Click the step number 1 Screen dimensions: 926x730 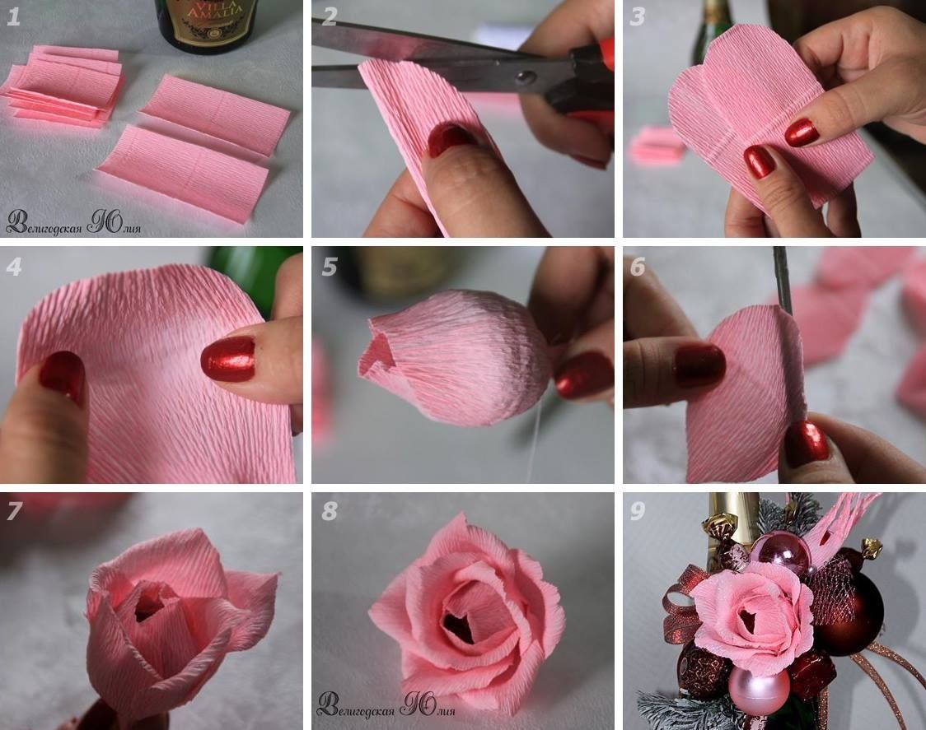[13, 16]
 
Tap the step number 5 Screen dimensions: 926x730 [329, 267]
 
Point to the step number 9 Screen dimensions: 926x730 [637, 511]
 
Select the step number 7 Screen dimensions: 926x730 [14, 511]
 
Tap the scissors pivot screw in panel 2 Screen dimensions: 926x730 [525, 77]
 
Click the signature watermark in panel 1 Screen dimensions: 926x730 [74, 222]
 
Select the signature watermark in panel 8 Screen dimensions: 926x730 [386, 704]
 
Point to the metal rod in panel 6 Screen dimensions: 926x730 [783, 282]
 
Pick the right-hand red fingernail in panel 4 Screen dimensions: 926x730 [228, 360]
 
